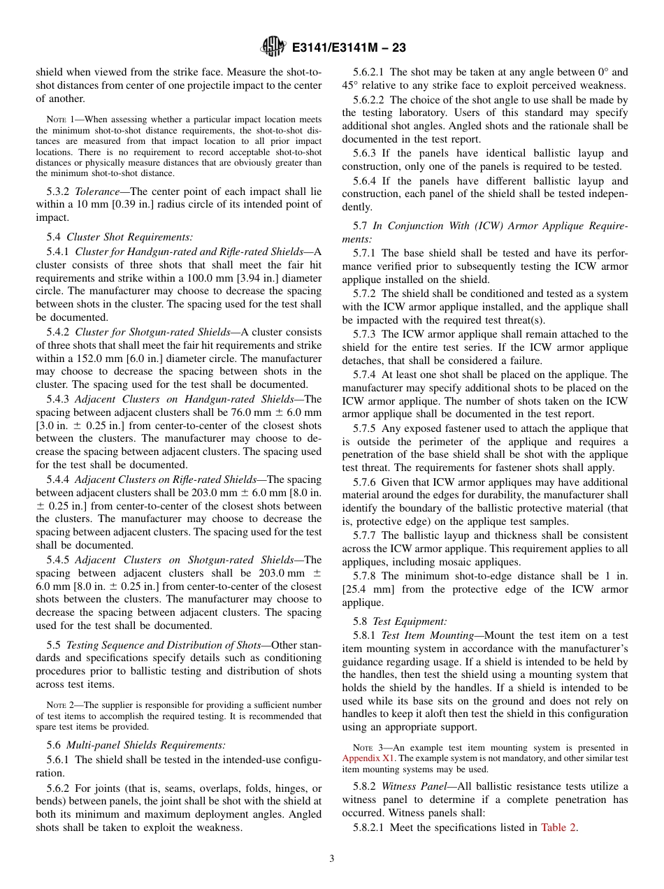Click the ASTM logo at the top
tap(273, 47)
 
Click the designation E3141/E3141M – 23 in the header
tap(349, 48)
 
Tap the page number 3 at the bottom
tap(332, 858)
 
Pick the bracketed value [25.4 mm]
tap(367, 589)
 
